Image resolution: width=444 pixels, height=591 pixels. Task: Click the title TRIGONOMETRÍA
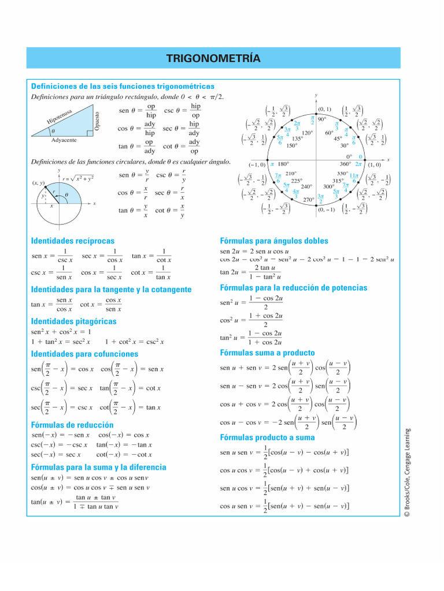(213, 58)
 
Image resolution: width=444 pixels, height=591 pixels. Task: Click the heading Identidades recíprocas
(72, 241)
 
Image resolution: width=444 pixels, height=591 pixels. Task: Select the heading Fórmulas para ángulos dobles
(274, 241)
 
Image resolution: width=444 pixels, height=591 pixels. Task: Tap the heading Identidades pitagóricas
(73, 321)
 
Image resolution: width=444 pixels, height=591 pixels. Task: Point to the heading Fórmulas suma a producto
(267, 352)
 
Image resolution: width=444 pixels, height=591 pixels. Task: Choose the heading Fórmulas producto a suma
(267, 437)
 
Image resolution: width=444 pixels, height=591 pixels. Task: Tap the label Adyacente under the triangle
(64, 140)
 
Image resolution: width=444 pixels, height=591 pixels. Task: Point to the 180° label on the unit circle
(283, 164)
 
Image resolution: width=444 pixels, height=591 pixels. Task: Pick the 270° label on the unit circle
(308, 200)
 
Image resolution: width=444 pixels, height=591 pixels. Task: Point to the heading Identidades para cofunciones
(84, 353)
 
